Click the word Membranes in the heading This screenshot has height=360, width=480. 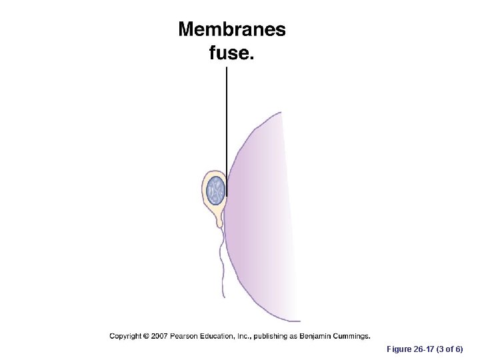[x=231, y=30]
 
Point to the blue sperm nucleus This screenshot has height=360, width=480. [x=216, y=190]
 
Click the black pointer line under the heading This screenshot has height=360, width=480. [x=227, y=127]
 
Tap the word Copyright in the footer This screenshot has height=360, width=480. [x=126, y=336]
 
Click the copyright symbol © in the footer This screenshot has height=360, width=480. [x=146, y=336]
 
